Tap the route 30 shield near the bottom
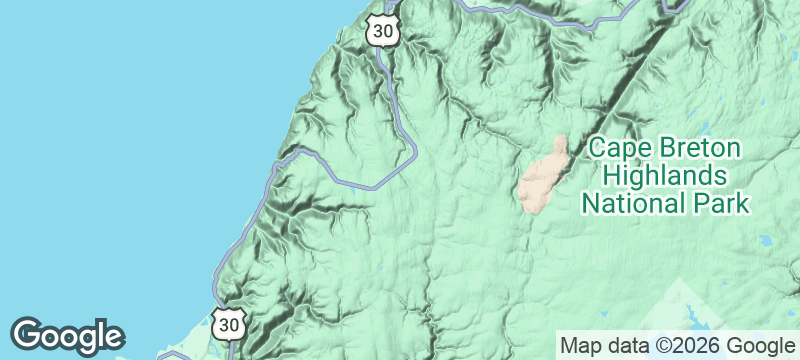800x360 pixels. point(229,324)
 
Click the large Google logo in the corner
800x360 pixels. point(68,336)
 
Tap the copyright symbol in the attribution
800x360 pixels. point(661,346)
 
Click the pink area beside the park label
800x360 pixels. point(545,175)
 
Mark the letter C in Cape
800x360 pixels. point(595,149)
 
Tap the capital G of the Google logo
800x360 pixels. point(26,335)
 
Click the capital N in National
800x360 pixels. point(589,205)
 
